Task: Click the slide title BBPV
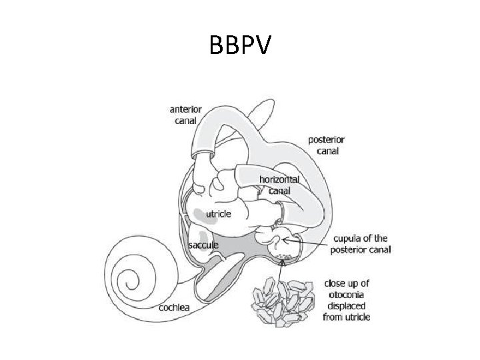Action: (x=240, y=46)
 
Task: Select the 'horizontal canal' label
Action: (x=279, y=185)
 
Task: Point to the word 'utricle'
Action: (x=218, y=214)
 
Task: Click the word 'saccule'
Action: (x=203, y=245)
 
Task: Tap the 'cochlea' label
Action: (x=175, y=307)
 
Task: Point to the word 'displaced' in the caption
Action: (x=346, y=305)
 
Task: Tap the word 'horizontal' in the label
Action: (x=279, y=180)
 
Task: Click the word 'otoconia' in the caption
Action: (x=346, y=294)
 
